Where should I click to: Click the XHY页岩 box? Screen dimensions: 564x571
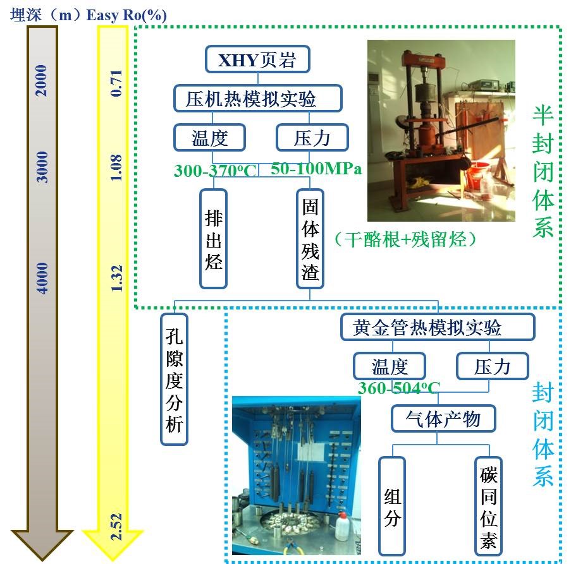[x=257, y=61]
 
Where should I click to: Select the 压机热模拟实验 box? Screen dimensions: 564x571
[x=257, y=99]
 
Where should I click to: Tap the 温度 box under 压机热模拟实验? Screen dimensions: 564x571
[x=209, y=137]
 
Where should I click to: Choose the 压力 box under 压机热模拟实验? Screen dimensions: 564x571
[x=312, y=137]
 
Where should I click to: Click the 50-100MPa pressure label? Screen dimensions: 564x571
[x=316, y=169]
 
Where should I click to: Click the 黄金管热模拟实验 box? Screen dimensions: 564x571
[x=436, y=327]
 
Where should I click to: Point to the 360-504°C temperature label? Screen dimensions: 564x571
[x=399, y=388]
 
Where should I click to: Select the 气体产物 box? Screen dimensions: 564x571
[x=443, y=418]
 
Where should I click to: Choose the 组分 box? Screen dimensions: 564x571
[x=393, y=505]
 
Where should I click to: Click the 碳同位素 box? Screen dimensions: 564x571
[x=488, y=505]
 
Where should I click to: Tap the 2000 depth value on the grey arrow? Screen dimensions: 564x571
[x=42, y=80]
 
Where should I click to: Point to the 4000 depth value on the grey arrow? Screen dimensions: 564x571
[x=42, y=279]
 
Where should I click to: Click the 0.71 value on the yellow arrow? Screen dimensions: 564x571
[x=116, y=83]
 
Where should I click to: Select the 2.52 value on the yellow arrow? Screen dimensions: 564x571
[x=116, y=526]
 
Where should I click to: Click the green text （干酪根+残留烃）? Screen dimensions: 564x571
[x=405, y=238]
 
